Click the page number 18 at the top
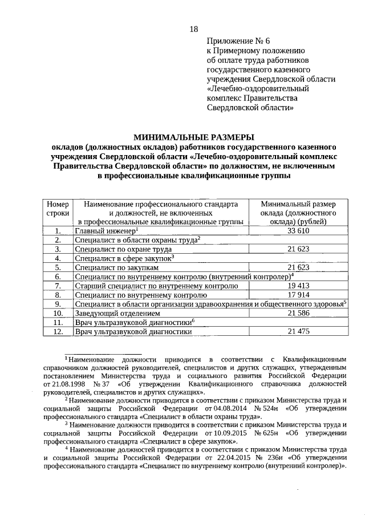[193, 30]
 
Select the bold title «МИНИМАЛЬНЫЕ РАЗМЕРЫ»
[193, 137]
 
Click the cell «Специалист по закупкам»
[117, 267]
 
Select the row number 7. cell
[58, 285]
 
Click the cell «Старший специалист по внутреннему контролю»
[156, 285]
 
